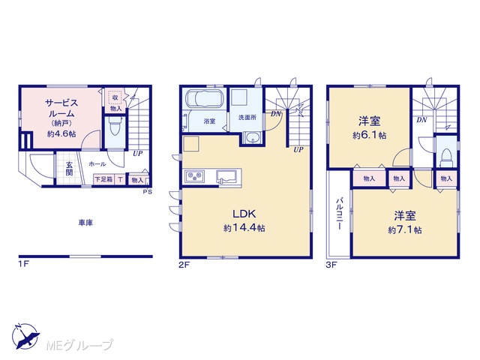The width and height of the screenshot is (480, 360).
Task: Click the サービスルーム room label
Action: point(61,108)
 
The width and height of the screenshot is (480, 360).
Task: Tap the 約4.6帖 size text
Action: point(61,133)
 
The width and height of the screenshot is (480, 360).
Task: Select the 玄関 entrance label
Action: point(70,169)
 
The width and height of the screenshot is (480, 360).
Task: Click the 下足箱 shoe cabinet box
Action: point(103,179)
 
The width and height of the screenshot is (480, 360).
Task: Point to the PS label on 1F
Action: point(147,192)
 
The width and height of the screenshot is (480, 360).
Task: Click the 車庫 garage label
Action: point(85,223)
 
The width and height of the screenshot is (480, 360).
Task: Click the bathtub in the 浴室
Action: point(205,99)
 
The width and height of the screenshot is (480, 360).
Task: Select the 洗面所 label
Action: point(247,117)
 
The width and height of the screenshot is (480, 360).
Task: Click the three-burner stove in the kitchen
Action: point(194,177)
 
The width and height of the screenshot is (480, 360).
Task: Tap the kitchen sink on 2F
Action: point(226,177)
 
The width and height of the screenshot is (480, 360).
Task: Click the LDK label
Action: point(244,214)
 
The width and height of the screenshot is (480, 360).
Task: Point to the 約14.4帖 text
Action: point(244,228)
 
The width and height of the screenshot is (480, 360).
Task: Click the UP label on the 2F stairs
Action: point(298,150)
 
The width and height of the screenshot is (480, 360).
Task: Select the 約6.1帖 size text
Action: point(369,135)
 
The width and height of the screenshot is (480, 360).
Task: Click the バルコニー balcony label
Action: point(339,214)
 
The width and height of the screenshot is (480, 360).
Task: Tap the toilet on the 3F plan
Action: point(446,157)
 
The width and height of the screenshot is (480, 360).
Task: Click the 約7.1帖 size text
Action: point(405,230)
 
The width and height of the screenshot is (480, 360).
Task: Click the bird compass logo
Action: point(25,336)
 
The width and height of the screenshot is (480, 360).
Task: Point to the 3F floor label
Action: point(331,265)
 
